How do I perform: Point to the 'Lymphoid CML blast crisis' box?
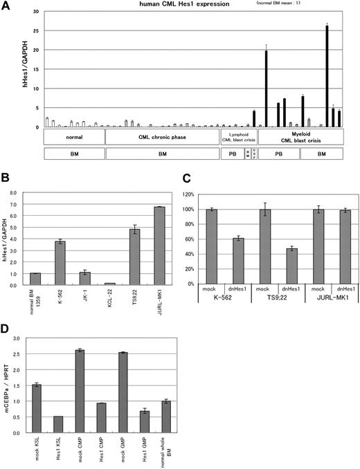[x=238, y=137]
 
